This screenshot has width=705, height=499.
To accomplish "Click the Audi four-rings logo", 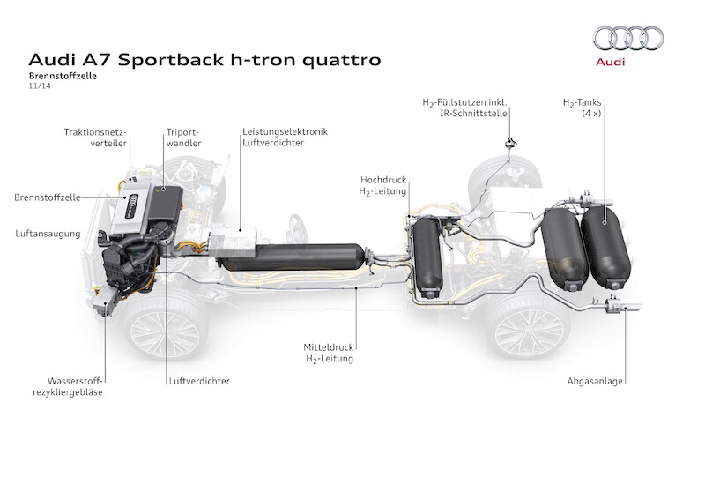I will (628, 38).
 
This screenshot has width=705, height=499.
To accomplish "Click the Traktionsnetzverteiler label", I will (96, 138).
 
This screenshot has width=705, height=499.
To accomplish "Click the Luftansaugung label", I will (48, 234).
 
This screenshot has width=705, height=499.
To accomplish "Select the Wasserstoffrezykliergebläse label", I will (70, 386).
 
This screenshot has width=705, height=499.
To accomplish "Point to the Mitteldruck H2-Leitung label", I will (329, 354).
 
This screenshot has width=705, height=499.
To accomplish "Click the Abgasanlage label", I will (597, 381).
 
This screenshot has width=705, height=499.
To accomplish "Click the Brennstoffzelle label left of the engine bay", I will (46, 197).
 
